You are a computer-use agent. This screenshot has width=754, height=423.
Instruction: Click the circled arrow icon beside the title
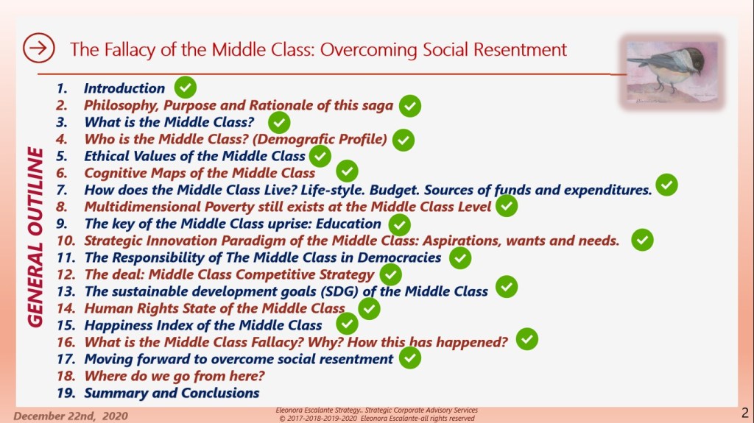[38, 48]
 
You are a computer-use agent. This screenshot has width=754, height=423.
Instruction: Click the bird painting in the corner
[672, 71]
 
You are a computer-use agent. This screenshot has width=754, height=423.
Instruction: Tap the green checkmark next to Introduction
[185, 88]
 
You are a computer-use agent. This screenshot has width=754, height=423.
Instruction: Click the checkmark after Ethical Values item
[320, 156]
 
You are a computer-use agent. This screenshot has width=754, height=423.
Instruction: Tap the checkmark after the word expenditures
[666, 185]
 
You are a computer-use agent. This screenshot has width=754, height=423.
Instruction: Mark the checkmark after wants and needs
[642, 240]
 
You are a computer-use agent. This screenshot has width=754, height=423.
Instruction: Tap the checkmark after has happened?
[527, 339]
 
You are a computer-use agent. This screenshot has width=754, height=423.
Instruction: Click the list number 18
[66, 376]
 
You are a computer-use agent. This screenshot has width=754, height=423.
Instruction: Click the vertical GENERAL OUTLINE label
[35, 237]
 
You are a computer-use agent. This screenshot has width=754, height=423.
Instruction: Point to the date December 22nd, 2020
[71, 416]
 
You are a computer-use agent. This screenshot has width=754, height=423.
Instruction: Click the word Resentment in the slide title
[521, 49]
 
